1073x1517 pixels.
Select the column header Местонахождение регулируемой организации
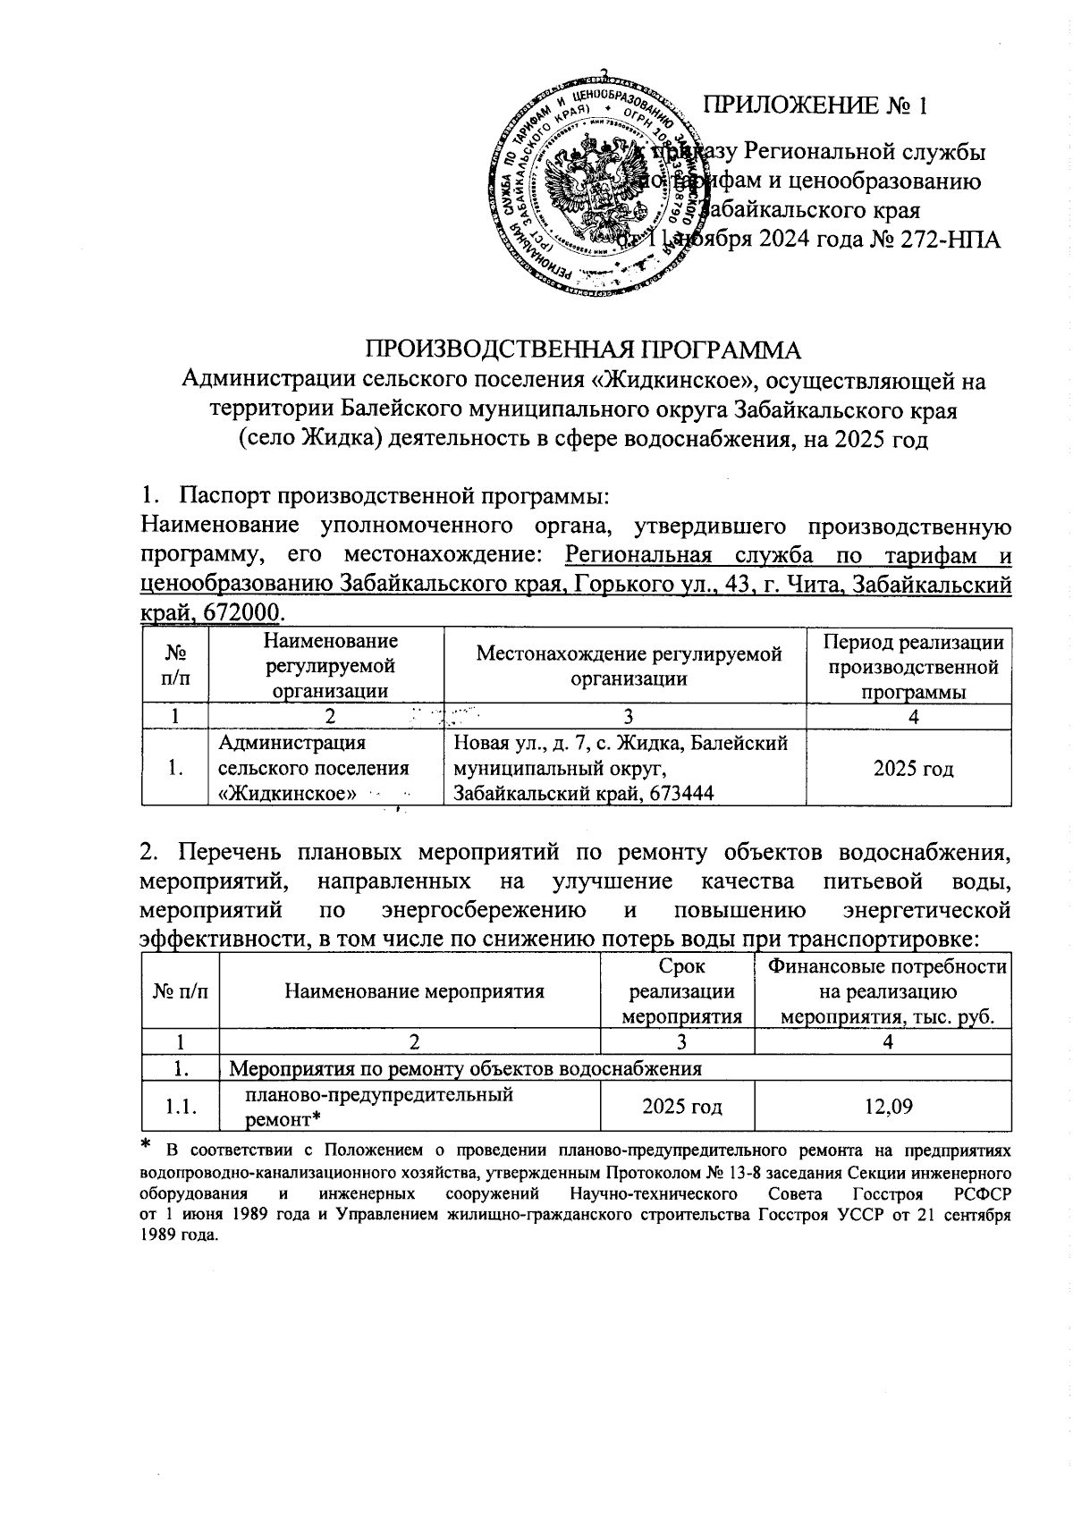(629, 665)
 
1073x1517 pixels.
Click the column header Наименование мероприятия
(414, 990)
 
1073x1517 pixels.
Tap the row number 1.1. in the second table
(182, 1108)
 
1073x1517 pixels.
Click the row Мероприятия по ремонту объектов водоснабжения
(466, 1068)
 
